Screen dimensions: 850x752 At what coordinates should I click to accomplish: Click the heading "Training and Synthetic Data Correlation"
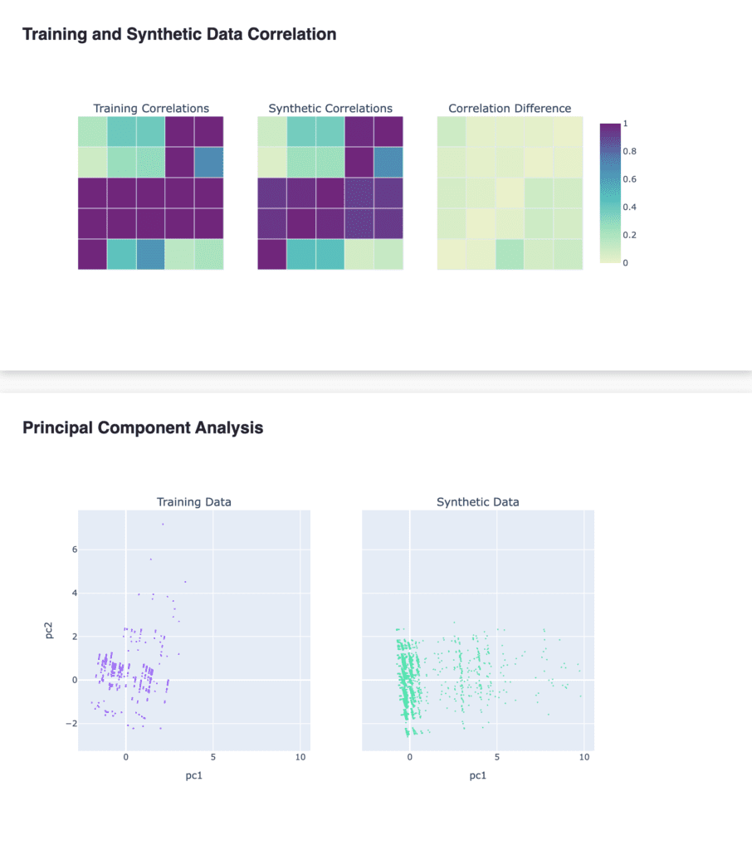click(x=179, y=35)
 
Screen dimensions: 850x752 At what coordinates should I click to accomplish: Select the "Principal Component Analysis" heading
click(x=143, y=428)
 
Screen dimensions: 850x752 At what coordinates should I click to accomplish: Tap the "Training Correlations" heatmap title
click(x=151, y=109)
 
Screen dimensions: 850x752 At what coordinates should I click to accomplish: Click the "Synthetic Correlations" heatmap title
click(x=330, y=109)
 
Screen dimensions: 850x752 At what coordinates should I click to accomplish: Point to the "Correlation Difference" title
click(x=510, y=109)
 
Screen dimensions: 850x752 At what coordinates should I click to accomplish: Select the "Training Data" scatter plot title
click(x=194, y=502)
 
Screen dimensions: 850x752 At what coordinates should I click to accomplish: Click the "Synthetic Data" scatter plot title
click(x=477, y=502)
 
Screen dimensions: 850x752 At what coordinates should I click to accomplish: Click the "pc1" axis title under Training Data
click(x=194, y=777)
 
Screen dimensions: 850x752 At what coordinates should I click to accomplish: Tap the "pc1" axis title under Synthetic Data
click(x=477, y=777)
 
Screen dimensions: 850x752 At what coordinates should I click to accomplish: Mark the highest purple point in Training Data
click(x=163, y=524)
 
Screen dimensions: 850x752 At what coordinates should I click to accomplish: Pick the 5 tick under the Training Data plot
click(x=213, y=757)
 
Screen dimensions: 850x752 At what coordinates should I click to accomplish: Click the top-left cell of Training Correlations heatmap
click(x=93, y=132)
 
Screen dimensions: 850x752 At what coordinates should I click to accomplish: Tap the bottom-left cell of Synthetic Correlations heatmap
click(x=272, y=254)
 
